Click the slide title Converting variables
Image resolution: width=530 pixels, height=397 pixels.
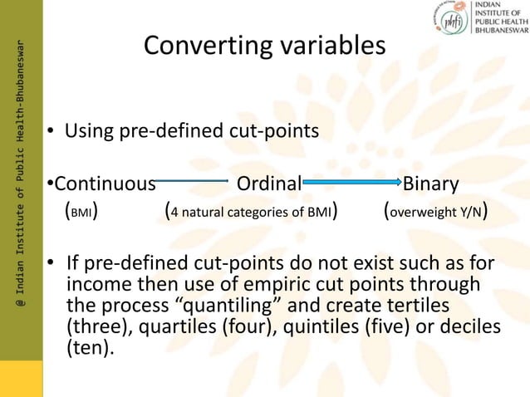point(264,47)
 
